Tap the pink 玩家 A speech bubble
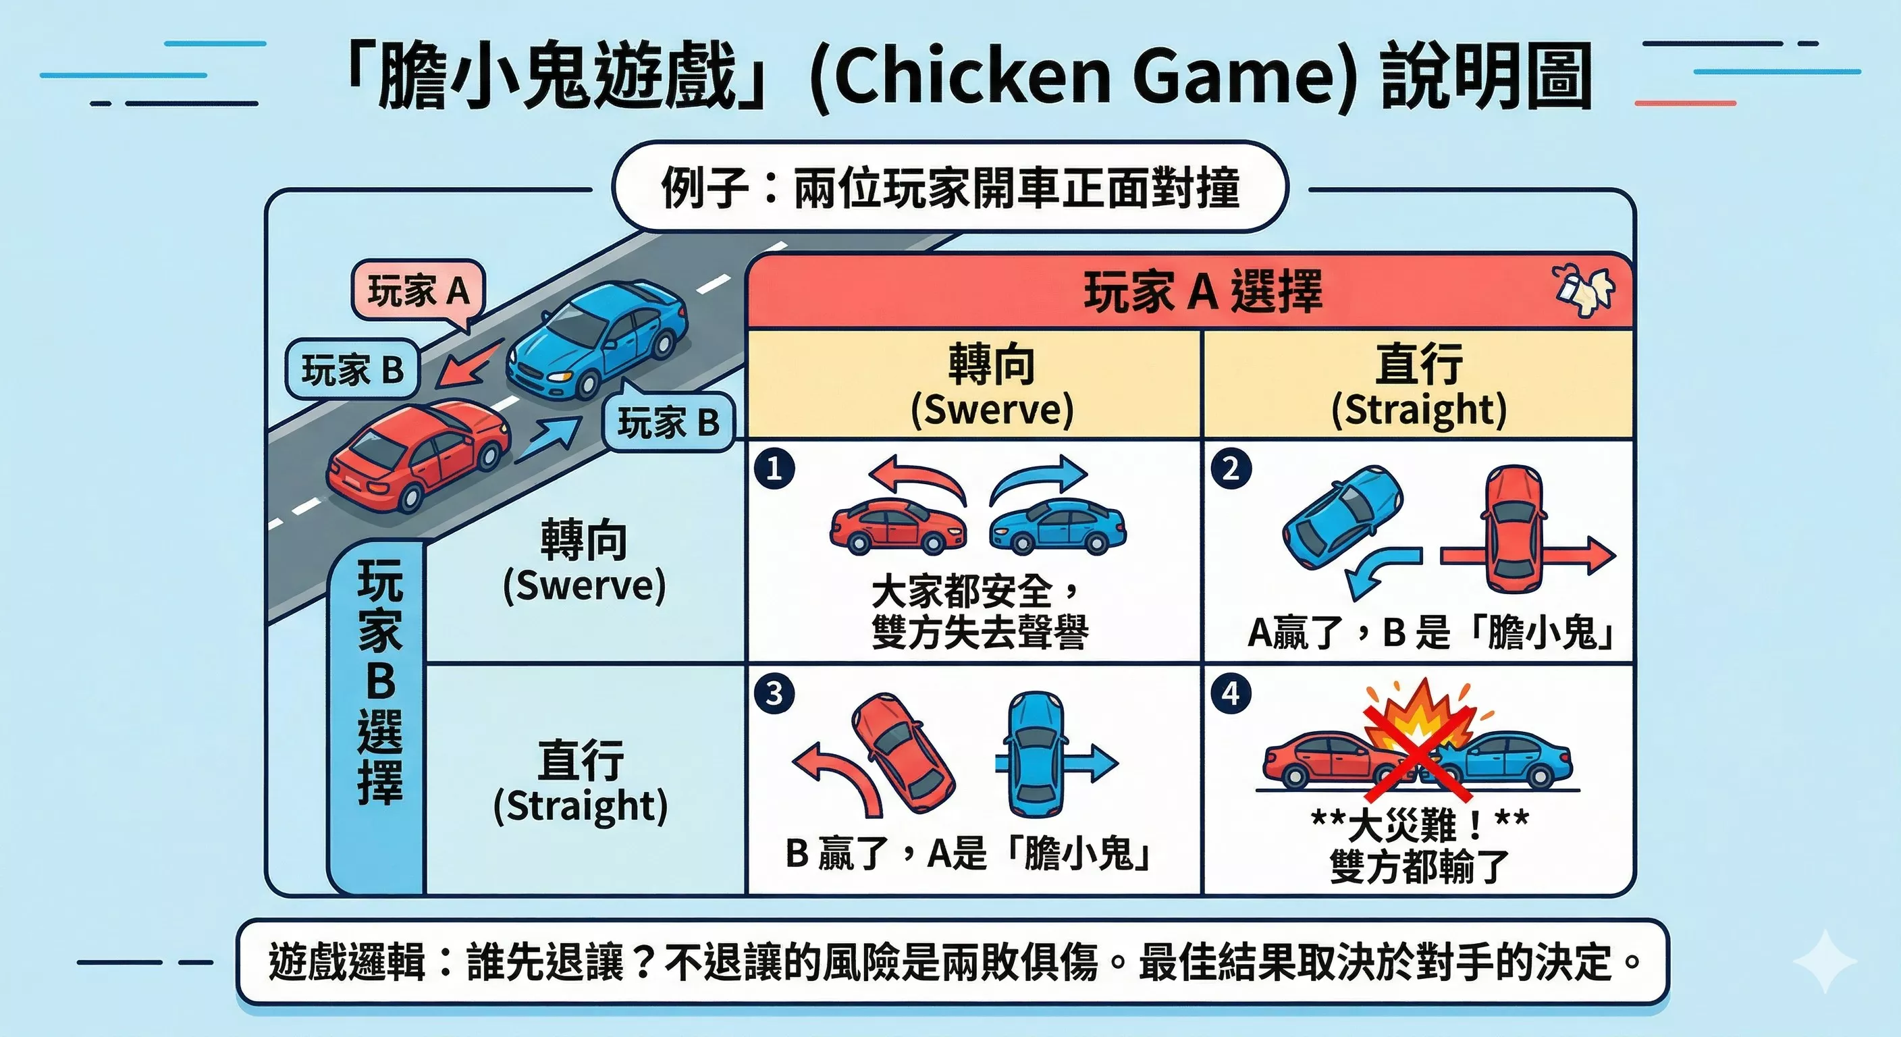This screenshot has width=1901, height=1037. tap(418, 291)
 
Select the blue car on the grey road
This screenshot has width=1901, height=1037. tap(597, 338)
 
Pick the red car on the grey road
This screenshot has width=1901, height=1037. tap(418, 454)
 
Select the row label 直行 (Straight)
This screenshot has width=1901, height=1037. tap(581, 782)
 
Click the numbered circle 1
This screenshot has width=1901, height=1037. tap(775, 468)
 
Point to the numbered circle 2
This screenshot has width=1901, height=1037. tap(1230, 468)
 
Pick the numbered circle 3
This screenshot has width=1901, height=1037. tap(775, 694)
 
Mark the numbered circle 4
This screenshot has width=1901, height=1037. tap(1230, 694)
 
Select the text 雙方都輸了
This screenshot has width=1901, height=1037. tap(1418, 866)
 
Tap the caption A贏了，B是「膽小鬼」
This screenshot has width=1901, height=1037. tap(1430, 633)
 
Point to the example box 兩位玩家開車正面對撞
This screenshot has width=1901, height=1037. tap(950, 188)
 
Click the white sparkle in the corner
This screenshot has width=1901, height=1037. tap(1823, 961)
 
